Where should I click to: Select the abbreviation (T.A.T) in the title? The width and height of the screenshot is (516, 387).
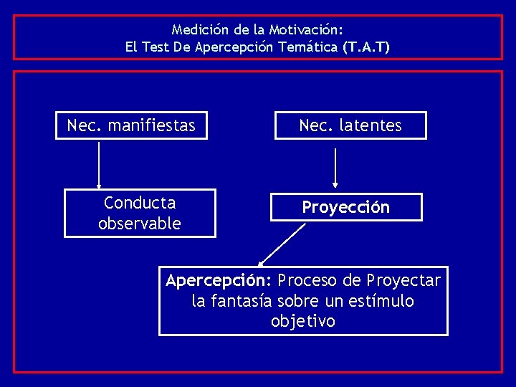tap(366, 47)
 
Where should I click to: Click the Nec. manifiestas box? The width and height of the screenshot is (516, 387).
tap(131, 125)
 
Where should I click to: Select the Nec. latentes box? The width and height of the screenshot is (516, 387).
tap(350, 125)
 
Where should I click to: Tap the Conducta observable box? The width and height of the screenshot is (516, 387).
tap(140, 213)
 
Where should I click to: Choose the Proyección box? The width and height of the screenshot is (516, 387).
tap(346, 207)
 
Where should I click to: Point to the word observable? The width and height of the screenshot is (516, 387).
tap(140, 223)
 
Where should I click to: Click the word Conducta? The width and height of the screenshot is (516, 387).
tap(140, 204)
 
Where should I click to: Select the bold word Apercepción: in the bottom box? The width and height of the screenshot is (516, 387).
tap(219, 279)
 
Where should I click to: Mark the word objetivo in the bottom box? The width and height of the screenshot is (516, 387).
tap(303, 322)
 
